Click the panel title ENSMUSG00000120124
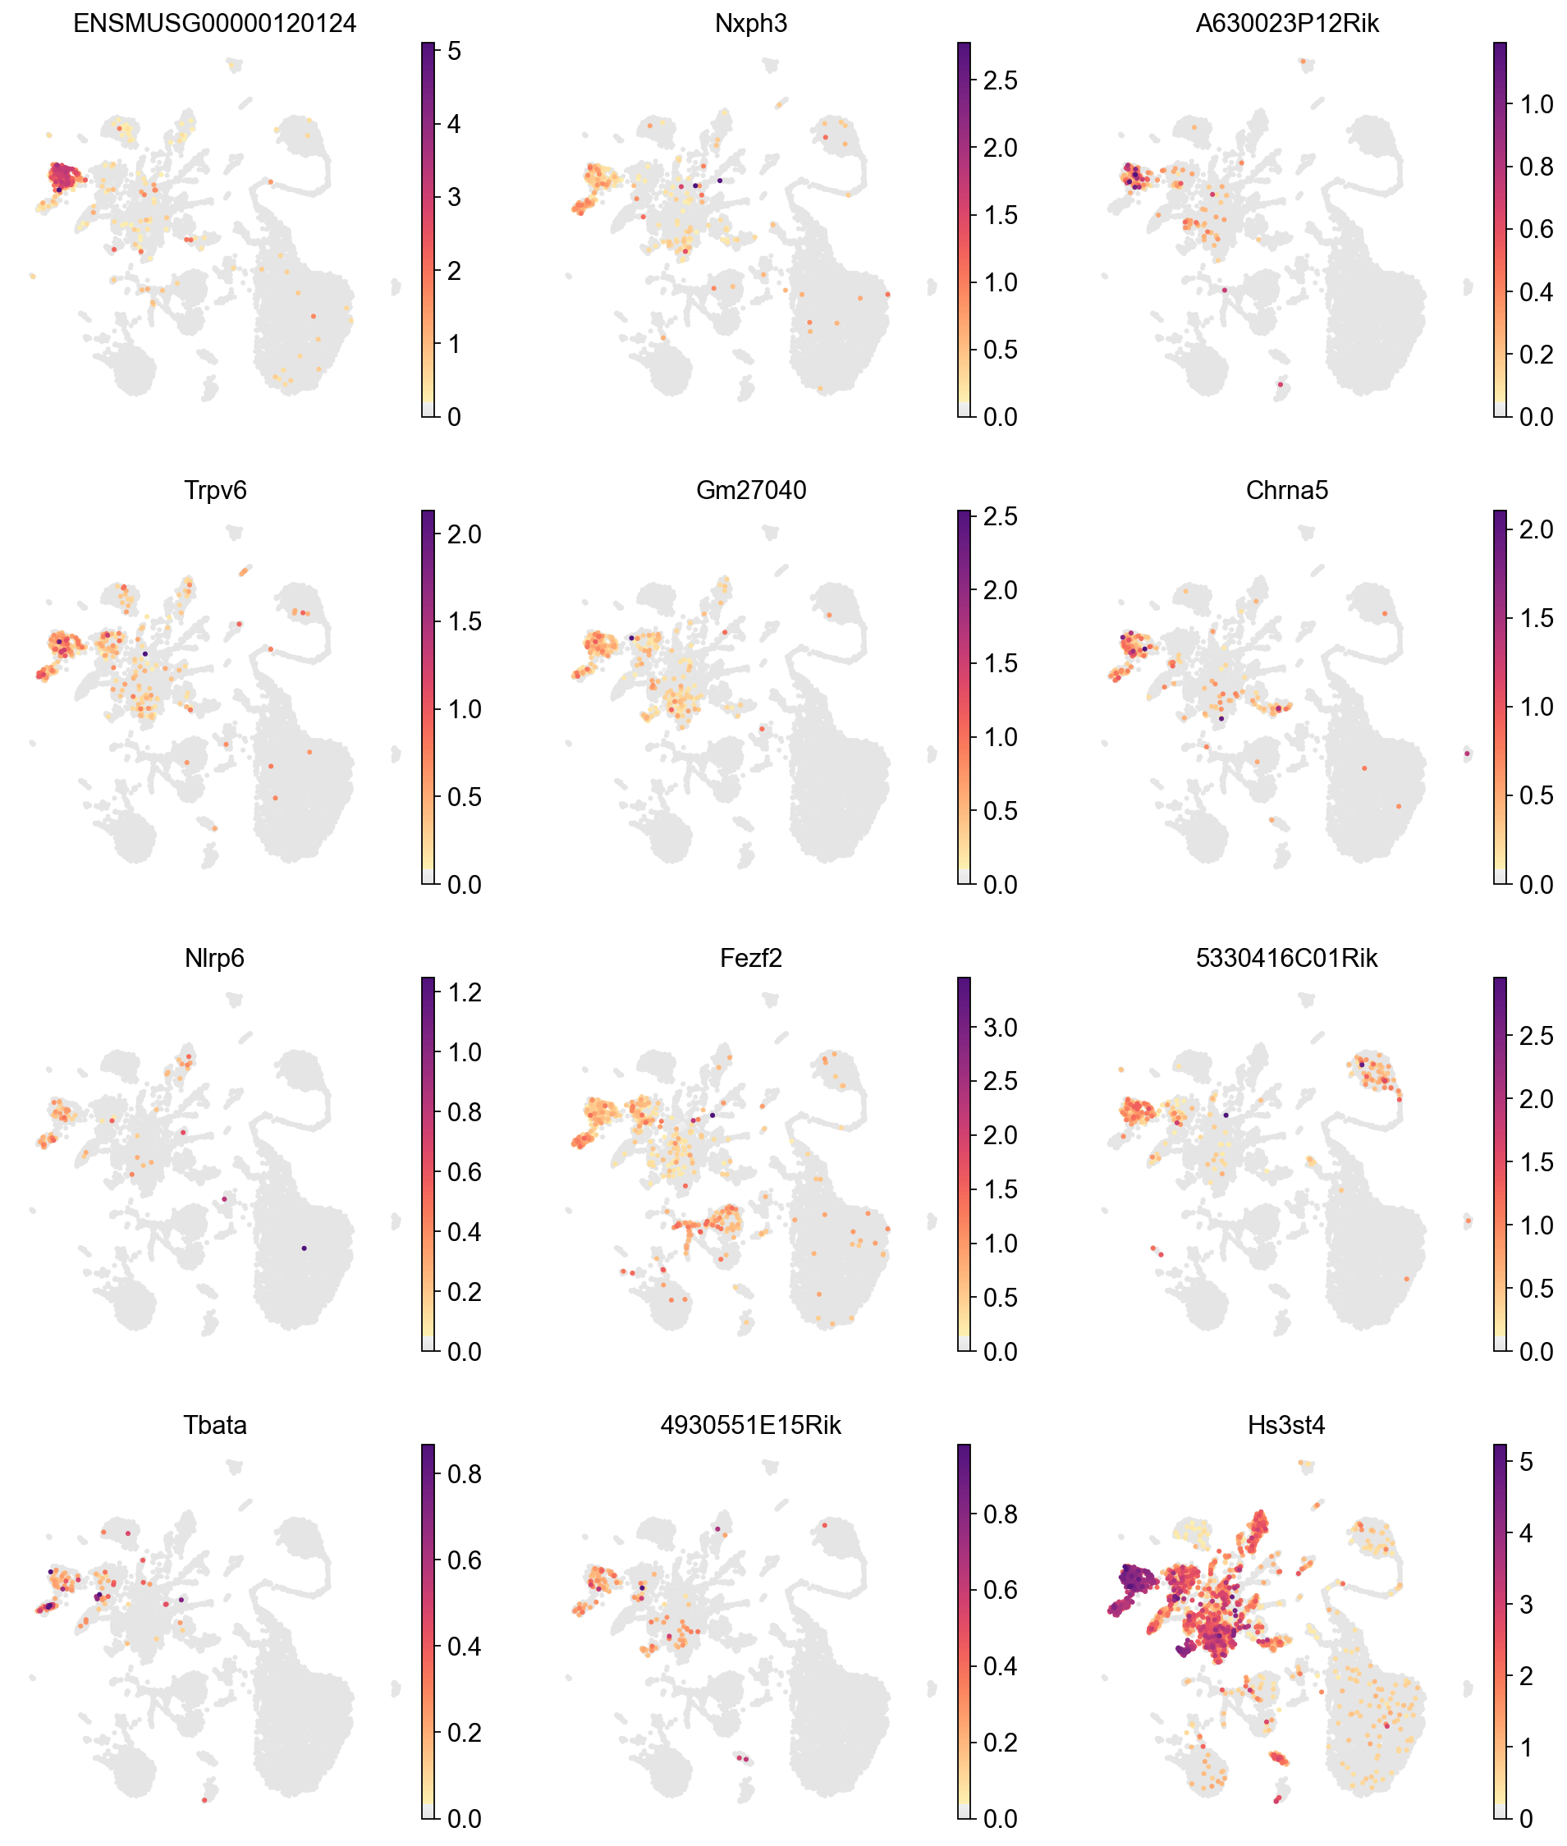coord(214,24)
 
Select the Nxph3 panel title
coord(750,24)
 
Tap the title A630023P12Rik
coord(1286,24)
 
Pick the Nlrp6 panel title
coord(214,959)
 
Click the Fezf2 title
coord(750,959)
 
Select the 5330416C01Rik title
coord(1286,959)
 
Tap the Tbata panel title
coord(214,1426)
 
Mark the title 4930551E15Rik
coord(750,1426)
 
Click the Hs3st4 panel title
coord(1286,1426)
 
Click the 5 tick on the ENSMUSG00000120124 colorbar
coord(454,52)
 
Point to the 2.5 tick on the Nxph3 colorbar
coord(999,80)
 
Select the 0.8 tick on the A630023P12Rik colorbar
coord(1536,167)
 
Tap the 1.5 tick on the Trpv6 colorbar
coord(464,622)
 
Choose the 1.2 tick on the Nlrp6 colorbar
coord(464,992)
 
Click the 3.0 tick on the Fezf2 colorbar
coord(999,1028)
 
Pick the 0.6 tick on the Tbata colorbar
coord(464,1561)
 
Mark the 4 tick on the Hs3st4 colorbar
coord(1526,1533)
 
